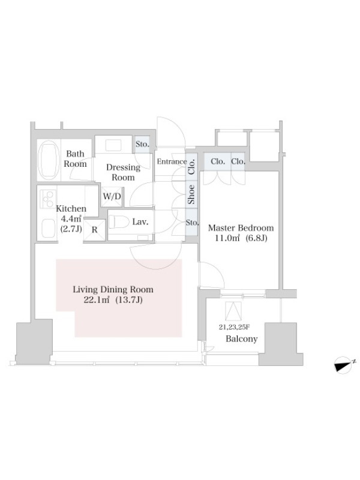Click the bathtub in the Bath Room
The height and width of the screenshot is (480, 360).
coord(49,160)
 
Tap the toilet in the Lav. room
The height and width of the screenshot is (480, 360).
coord(119,222)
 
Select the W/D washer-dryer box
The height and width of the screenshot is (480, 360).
coord(112,197)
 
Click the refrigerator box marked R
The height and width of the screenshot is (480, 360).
coord(95,230)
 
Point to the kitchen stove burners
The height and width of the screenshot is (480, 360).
coord(48,199)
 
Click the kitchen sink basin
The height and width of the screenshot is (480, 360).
coord(48,229)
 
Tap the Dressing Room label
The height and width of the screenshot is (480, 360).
coord(123,172)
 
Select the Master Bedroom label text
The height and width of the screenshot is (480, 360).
coord(241,228)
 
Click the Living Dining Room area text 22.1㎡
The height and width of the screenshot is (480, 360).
coord(97,300)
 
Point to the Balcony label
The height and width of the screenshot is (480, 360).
coord(242,339)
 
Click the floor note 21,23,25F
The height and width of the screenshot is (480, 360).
coord(234,327)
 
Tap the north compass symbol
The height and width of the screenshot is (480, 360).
coord(344,365)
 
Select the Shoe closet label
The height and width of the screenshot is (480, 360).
coord(191,194)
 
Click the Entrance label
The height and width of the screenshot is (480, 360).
coord(172,161)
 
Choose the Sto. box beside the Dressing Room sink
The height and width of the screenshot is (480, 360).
coord(142,144)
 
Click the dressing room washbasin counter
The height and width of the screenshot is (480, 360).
coord(113,145)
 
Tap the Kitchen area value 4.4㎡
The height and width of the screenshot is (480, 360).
coord(71,219)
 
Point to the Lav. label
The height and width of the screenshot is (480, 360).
coord(140,222)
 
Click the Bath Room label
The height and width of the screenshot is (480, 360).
coord(76,158)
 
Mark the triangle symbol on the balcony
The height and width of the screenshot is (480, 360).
coord(233,311)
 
